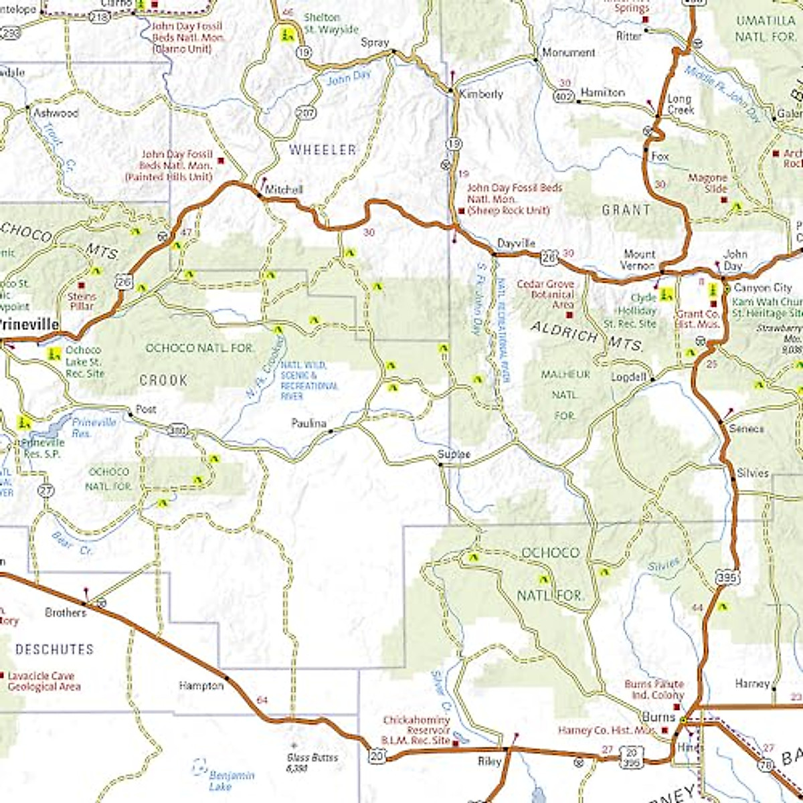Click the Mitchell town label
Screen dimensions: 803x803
point(284,189)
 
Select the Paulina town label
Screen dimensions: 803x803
point(308,424)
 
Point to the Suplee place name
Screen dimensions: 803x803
point(454,455)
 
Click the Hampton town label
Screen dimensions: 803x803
point(201,686)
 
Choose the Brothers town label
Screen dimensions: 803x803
point(66,612)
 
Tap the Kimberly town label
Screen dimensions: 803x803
point(480,94)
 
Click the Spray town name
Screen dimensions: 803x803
point(375,42)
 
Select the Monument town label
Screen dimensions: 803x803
point(568,52)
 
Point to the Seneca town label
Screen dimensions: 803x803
point(746,429)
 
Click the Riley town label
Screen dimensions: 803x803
point(489,762)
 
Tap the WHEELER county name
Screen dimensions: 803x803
point(323,150)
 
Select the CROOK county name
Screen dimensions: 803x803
point(163,380)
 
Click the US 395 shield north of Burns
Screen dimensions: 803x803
point(727,576)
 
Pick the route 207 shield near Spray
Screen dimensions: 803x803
point(305,112)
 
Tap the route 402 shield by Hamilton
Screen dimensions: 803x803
point(563,97)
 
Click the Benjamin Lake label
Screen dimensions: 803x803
point(232,780)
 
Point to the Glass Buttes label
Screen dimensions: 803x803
point(313,762)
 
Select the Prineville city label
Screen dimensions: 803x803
point(29,325)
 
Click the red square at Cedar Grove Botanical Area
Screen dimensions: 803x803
point(569,315)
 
